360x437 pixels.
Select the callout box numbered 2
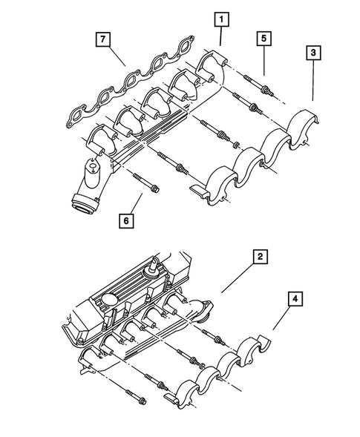tap(259, 257)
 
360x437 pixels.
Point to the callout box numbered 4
tap(295, 300)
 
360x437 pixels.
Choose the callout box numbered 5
tap(263, 37)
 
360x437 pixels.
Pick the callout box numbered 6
tap(128, 221)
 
